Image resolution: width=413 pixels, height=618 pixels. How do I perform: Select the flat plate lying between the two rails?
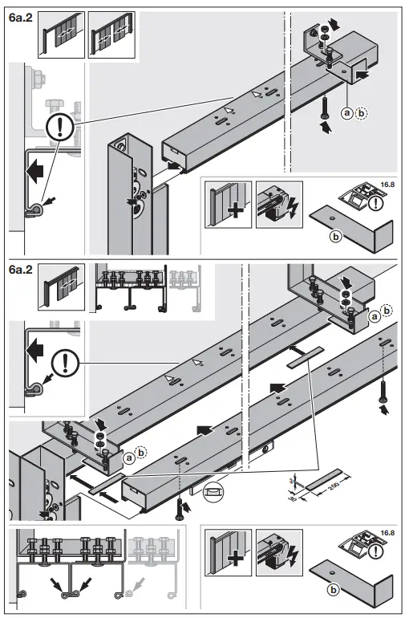(x=302, y=353)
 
